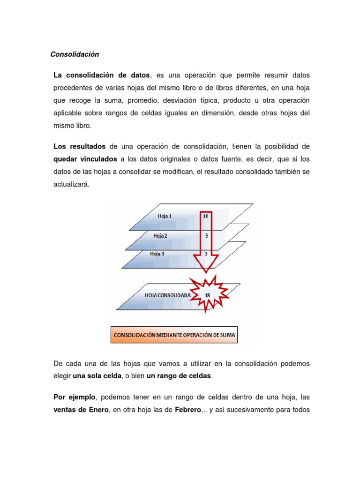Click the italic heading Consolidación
coord(75,54)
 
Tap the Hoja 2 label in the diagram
coord(160,236)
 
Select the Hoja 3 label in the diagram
coord(157,254)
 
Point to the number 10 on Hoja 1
coord(206,217)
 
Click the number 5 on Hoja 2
coord(207,236)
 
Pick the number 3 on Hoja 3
coord(207,254)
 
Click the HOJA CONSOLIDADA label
coord(167,296)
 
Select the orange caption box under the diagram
coord(174,335)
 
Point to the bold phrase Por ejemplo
coord(75,397)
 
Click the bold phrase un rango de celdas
coord(179,375)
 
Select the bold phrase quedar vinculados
coord(85,159)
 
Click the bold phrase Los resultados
coord(80,147)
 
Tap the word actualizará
coord(71,185)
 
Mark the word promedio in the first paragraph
coord(146,101)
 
